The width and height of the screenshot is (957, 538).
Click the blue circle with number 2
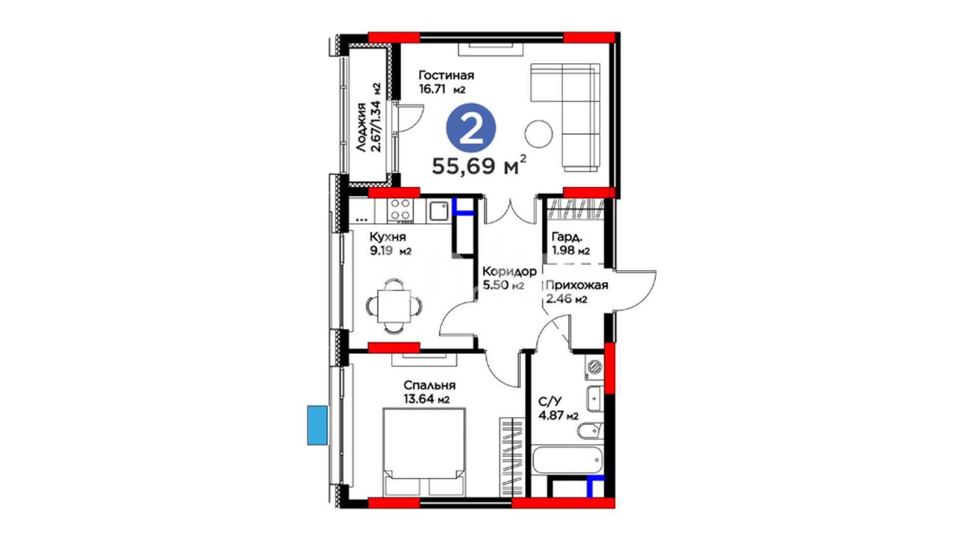[x=471, y=128]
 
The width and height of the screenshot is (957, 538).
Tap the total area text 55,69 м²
[x=479, y=165]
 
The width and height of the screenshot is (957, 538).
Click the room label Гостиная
[x=446, y=76]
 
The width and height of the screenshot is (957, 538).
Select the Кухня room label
[x=387, y=237]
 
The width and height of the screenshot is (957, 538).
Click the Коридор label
[x=509, y=271]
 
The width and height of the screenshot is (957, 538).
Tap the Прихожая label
[x=577, y=285]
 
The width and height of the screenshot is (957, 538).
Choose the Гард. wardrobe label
[x=567, y=237]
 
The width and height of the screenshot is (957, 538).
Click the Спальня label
[x=429, y=385]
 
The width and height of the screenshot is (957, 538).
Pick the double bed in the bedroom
[x=424, y=452]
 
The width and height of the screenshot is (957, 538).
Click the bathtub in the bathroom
[x=568, y=461]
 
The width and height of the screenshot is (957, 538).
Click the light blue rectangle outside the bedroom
[x=318, y=425]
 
